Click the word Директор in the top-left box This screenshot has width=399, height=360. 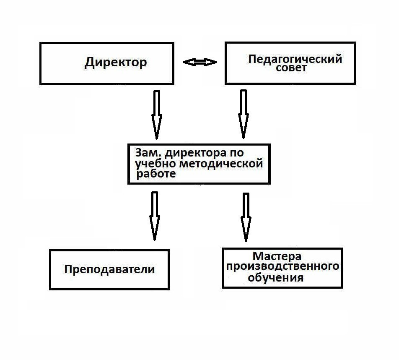[x=116, y=63]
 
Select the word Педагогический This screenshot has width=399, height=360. [x=295, y=59]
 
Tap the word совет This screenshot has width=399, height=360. [x=291, y=68]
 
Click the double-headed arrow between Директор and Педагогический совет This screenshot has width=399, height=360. [x=200, y=63]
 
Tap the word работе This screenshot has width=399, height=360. [x=155, y=174]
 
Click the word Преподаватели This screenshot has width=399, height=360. [x=109, y=269]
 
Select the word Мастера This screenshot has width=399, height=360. [x=277, y=256]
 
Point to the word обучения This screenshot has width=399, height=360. [x=276, y=277]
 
